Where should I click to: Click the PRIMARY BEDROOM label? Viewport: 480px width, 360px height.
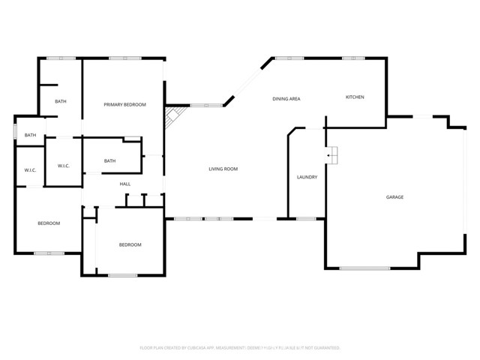[x=124, y=104]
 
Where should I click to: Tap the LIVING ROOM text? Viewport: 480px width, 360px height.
[x=223, y=169]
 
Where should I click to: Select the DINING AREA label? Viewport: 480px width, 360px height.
[x=286, y=99]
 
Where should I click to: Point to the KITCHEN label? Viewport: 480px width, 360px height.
[x=355, y=97]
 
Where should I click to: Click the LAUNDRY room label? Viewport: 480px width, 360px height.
[x=307, y=177]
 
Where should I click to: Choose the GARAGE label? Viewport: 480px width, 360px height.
[x=394, y=196]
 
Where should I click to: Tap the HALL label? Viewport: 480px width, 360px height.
[x=125, y=184]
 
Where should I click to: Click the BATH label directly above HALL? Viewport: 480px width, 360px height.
[x=109, y=160]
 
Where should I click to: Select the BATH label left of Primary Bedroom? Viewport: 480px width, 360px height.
[x=61, y=101]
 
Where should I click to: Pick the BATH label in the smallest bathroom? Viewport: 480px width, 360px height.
[x=30, y=135]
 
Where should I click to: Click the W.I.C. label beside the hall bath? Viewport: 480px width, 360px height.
[x=63, y=166]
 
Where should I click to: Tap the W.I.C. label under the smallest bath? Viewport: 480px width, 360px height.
[x=30, y=170]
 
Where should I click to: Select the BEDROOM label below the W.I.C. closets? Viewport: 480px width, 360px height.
[x=49, y=223]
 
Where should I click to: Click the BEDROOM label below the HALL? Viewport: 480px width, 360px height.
[x=130, y=244]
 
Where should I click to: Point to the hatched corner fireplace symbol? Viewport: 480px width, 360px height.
[x=173, y=115]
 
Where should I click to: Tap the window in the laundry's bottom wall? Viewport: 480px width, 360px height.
[x=305, y=219]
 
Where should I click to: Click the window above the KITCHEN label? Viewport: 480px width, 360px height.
[x=353, y=58]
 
